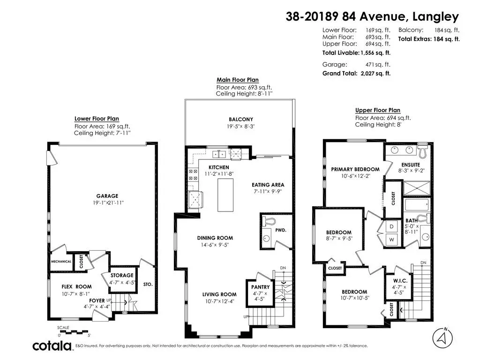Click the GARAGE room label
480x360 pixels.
tap(107, 196)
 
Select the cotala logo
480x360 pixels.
tap(52, 345)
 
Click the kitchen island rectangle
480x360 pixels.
tap(225, 195)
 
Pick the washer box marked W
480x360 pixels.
tap(391, 240)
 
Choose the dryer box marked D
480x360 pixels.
tap(391, 227)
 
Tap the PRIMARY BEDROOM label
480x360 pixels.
tap(355, 169)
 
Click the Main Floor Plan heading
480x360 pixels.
tap(238, 80)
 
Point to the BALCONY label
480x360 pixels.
tap(241, 120)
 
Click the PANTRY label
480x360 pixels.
tap(260, 287)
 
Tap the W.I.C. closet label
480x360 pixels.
tap(400, 281)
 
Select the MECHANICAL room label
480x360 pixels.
tap(61, 262)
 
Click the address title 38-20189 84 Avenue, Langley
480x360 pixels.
tap(372, 16)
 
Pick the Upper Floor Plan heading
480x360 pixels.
tap(378, 110)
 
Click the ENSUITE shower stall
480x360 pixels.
tap(417, 188)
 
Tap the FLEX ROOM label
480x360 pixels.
tap(76, 287)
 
